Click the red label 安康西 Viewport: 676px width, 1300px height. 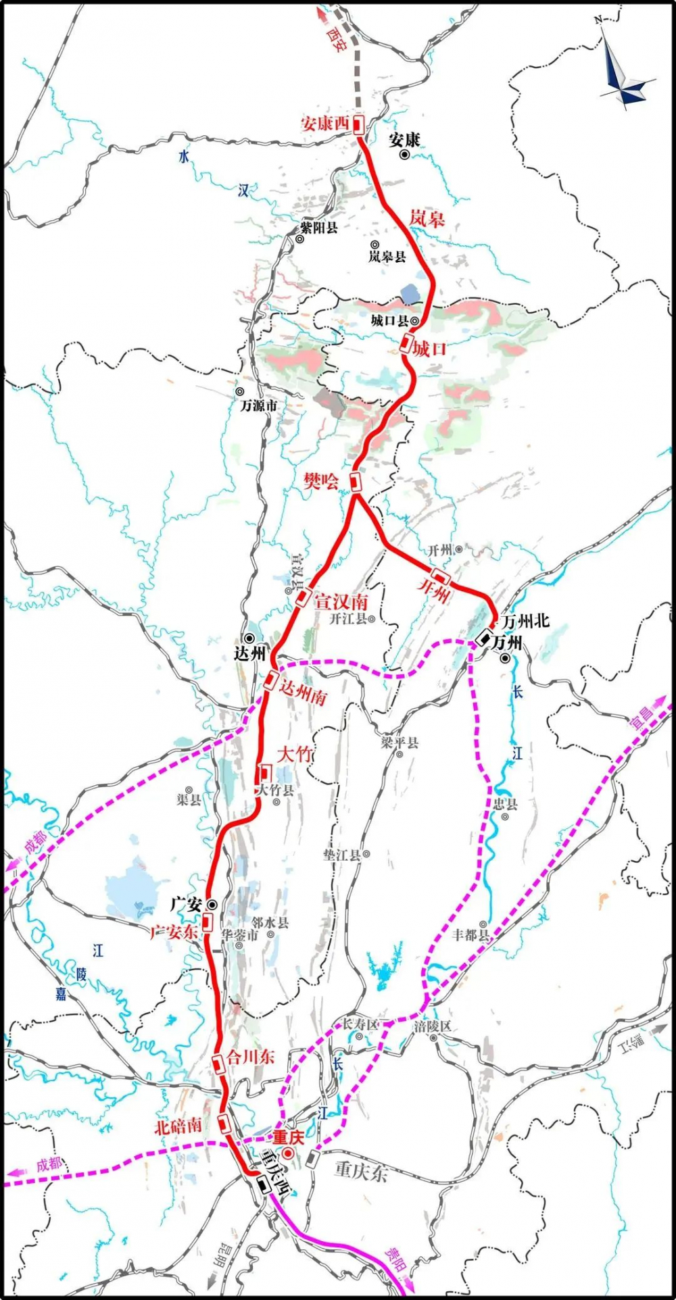pos(324,123)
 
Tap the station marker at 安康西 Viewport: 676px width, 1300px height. pos(358,124)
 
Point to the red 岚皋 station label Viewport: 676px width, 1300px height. pos(427,218)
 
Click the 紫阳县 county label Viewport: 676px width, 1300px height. pos(319,228)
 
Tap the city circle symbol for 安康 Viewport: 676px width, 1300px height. pos(404,155)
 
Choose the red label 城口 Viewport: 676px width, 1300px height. pos(430,349)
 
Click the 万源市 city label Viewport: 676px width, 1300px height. pos(259,405)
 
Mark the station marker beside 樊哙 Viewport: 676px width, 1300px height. pos(355,481)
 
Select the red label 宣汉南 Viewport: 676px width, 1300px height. pos(341,601)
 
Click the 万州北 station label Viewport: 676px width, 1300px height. pos(526,620)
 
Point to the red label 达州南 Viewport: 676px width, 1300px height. pos(303,692)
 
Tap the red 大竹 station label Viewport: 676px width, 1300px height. pos(294,755)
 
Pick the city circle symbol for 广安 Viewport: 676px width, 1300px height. pos(212,904)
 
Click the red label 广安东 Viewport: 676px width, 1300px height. pos(174,932)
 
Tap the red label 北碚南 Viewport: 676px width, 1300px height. pos(178,1126)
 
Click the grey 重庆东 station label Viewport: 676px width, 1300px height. pos(361,1170)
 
